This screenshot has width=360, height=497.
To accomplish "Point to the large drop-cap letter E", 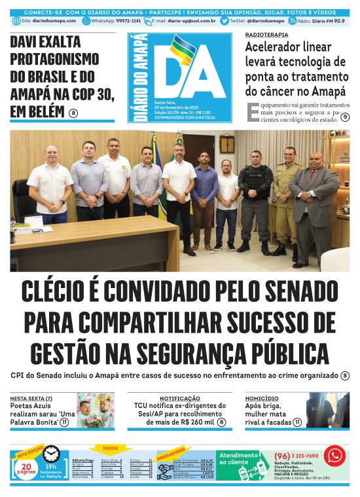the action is pos(253,112).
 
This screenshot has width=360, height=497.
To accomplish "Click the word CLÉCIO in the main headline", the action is pos(70,292).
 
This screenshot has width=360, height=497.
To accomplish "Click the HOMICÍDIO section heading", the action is pos(262,398).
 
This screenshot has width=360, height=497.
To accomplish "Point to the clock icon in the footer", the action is pos(52,454).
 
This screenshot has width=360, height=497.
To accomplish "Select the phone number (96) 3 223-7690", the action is pos(297,456).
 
